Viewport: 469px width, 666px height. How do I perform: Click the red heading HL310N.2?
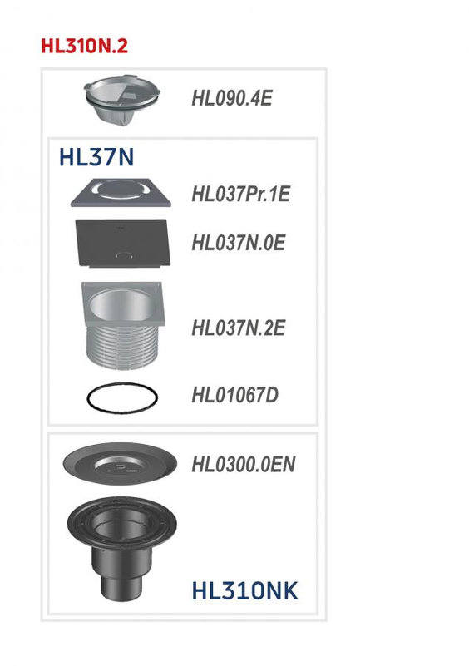[x=84, y=46]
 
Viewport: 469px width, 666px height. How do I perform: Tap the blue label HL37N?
[x=96, y=157]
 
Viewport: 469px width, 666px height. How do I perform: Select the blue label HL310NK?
[x=244, y=591]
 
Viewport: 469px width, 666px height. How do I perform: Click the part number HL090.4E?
[x=231, y=98]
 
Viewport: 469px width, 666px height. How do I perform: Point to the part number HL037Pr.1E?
[x=240, y=195]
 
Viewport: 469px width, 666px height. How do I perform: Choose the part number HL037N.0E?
[x=238, y=243]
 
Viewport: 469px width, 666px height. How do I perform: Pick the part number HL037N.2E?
[x=238, y=328]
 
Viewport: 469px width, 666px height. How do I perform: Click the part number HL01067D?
[x=234, y=395]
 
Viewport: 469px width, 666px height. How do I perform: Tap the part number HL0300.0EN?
[x=243, y=463]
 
